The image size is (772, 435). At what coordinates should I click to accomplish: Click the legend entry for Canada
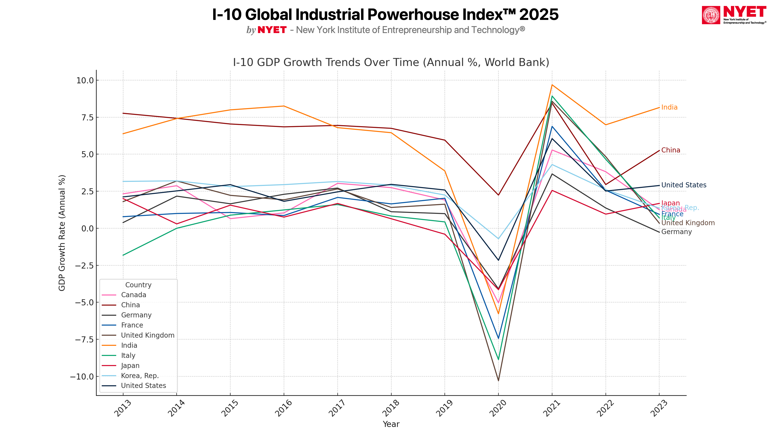(133, 295)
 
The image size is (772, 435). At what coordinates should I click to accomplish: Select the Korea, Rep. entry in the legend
(140, 376)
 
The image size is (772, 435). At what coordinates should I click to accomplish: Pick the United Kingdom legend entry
(147, 335)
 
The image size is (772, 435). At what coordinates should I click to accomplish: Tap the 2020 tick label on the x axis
(498, 408)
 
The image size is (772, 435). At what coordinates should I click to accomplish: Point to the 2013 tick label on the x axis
(123, 408)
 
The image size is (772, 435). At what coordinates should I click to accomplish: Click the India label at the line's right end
(669, 107)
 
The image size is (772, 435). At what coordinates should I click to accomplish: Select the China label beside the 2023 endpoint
(670, 150)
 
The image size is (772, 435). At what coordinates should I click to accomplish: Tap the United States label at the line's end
(684, 185)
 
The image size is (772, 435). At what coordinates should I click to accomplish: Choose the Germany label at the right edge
(676, 232)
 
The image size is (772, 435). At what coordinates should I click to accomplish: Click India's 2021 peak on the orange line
(552, 85)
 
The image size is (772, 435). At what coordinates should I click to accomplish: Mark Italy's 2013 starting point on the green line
(123, 255)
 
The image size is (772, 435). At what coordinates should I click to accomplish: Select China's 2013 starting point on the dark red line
(123, 113)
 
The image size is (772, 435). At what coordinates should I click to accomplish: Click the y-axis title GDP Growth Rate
(62, 233)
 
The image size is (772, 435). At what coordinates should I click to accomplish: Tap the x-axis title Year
(391, 424)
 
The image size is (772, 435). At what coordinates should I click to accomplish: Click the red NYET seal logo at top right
(711, 15)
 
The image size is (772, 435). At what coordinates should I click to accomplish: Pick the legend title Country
(138, 285)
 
